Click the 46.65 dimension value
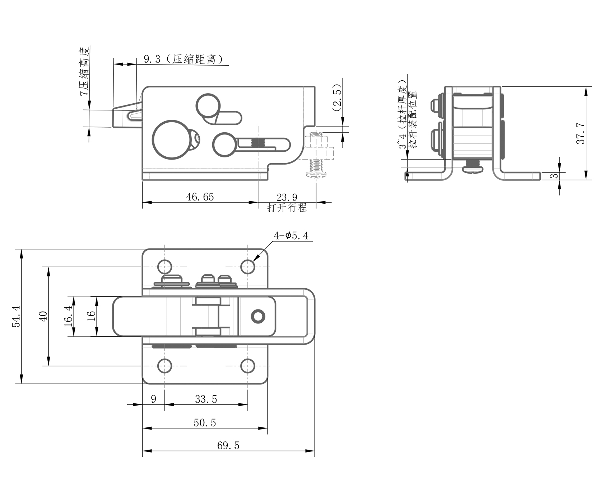200,197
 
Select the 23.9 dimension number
287,197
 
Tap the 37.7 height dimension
581,133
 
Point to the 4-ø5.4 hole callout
291,236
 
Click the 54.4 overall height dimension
16,316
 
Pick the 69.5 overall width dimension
228,445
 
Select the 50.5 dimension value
205,423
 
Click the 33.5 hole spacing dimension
206,399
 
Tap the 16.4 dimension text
69,316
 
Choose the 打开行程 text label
287,208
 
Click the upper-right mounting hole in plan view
248,267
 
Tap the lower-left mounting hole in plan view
165,366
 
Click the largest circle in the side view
171,139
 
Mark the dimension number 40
43,316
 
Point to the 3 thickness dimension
555,176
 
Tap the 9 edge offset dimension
153,399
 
